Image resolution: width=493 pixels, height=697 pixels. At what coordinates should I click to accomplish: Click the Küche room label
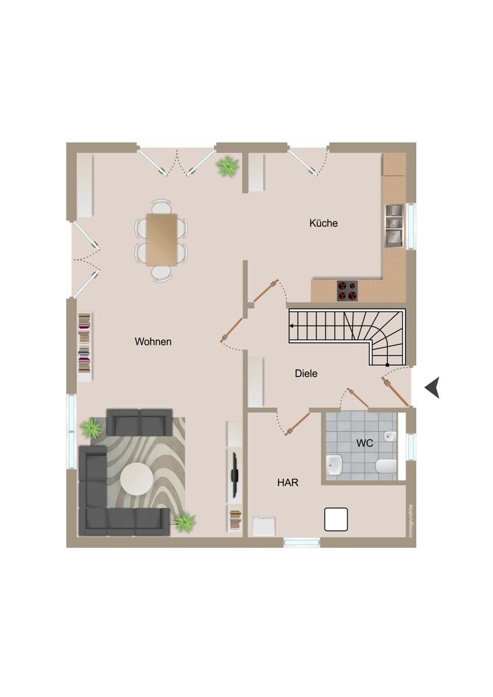pos(323,223)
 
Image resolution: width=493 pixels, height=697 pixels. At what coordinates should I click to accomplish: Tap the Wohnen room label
pos(153,342)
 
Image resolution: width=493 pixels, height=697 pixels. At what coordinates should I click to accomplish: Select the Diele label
pos(306,373)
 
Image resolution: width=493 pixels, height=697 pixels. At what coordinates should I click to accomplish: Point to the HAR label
pos(288,483)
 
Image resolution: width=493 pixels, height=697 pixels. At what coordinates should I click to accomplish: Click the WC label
pos(365,443)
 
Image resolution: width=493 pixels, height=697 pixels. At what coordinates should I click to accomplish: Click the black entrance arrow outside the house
pos(433,387)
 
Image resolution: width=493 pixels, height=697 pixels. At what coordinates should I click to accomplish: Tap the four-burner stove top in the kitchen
pos(347,290)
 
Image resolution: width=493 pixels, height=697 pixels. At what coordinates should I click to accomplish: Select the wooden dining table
pos(162,239)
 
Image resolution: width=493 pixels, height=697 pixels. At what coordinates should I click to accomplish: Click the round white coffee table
pos(137,479)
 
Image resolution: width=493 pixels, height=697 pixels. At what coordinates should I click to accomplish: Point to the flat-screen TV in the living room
pos(234,475)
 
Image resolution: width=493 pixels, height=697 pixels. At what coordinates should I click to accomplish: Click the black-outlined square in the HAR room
pos(336,519)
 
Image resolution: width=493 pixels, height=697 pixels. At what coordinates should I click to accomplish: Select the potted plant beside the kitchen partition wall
pos(228,167)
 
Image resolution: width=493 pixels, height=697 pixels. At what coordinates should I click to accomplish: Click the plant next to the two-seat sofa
pos(91,428)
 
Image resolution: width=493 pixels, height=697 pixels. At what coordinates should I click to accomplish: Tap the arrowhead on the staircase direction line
pos(291,326)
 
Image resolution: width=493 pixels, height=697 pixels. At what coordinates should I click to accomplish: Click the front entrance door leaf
pos(395,391)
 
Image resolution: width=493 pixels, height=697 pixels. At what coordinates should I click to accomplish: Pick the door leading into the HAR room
pos(298,423)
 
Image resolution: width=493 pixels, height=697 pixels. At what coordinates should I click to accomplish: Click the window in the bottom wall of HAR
pos(302,542)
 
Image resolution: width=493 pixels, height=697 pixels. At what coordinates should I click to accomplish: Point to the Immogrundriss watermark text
pos(410,520)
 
